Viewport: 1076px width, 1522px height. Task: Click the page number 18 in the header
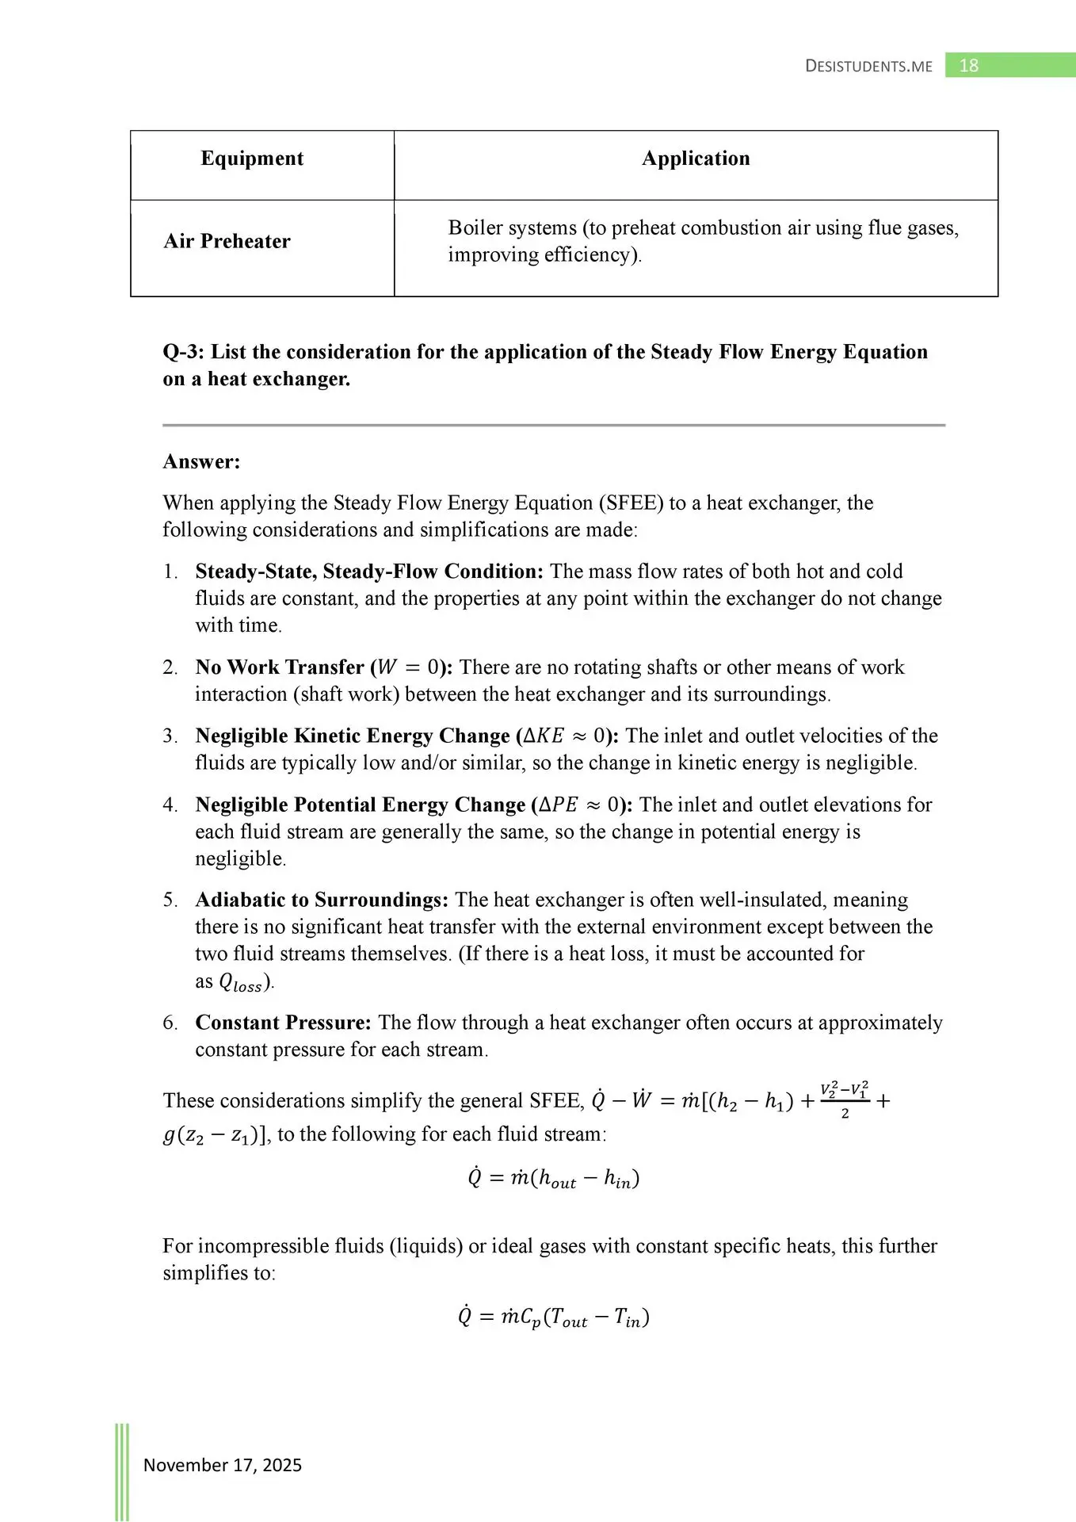[x=968, y=66]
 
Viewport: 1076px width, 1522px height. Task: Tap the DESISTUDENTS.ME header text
[x=868, y=67]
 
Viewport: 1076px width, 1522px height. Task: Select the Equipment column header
[x=252, y=159]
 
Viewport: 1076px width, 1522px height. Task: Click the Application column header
[x=696, y=159]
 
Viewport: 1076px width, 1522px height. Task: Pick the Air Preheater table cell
[x=227, y=241]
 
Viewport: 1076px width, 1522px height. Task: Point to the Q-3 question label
[x=184, y=352]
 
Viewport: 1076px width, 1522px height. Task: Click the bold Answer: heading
[x=201, y=461]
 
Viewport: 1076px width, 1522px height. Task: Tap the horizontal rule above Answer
[x=554, y=426]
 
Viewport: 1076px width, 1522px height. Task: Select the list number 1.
[x=170, y=572]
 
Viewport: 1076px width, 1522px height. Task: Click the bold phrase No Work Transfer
[x=280, y=667]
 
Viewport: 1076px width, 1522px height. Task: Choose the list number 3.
[x=170, y=736]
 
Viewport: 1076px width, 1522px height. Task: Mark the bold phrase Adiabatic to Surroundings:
[x=322, y=900]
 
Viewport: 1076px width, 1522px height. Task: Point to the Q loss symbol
[x=240, y=983]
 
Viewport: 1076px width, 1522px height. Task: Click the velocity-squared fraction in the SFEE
[x=845, y=1099]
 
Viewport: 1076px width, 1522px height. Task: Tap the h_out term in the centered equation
[x=557, y=1180]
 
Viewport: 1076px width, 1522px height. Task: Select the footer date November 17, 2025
[x=223, y=1465]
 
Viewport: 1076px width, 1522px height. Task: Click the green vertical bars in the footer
[x=122, y=1471]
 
